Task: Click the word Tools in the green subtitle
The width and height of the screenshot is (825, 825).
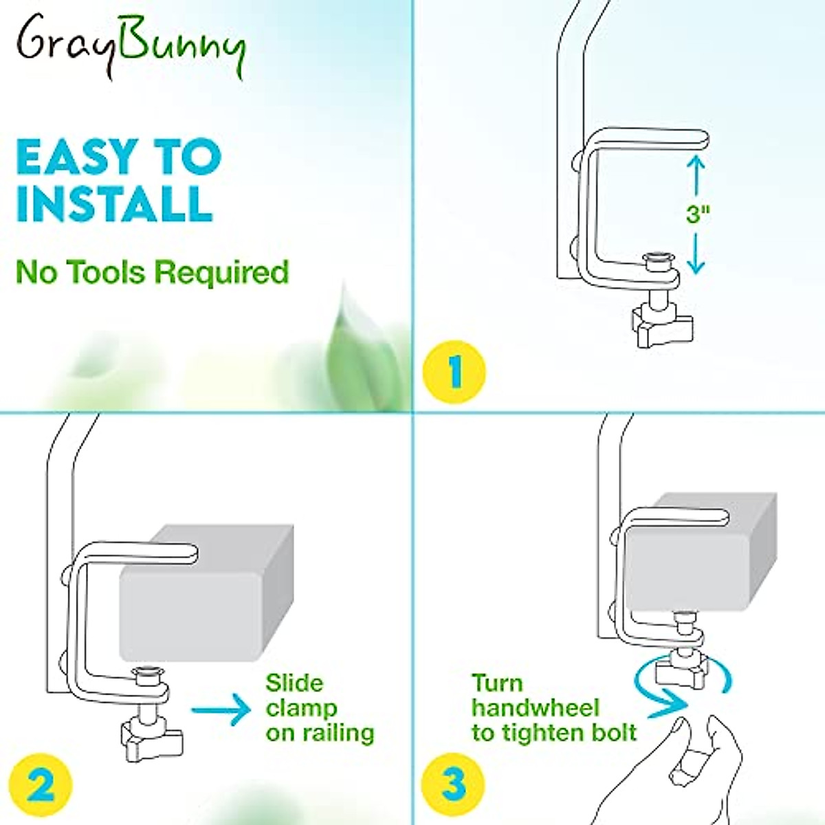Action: coord(107,272)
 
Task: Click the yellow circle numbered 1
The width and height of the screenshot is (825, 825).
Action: coord(454,372)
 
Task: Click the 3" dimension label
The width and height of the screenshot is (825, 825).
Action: coord(698,214)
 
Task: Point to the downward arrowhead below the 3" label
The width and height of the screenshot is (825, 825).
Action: coord(696,265)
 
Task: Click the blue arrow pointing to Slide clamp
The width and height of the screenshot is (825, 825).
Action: coord(221,709)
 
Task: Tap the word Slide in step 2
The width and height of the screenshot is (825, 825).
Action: coord(294,683)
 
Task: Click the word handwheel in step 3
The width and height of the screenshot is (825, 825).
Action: coord(535,708)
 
